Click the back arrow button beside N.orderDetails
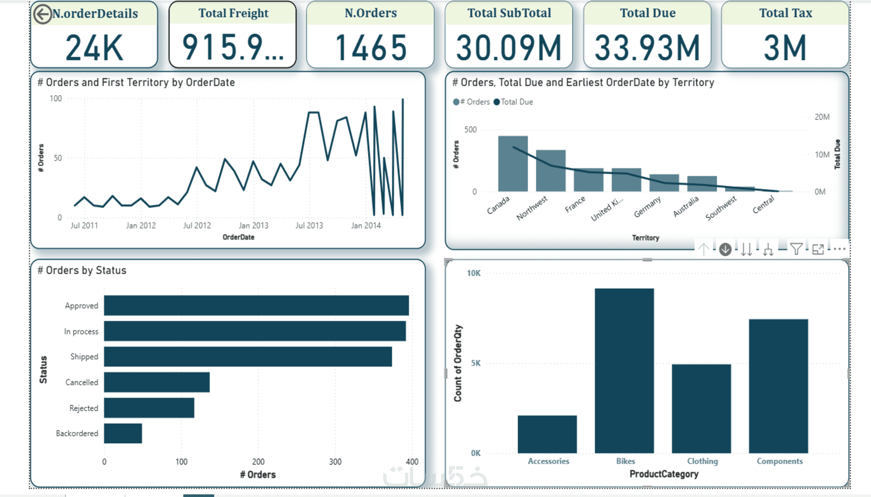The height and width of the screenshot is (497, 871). point(43,14)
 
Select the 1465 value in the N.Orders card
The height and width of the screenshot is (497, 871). point(370,48)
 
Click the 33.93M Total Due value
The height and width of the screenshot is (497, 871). point(647,48)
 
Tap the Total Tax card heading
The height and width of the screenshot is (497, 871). point(785,13)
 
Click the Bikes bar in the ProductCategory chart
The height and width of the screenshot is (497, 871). point(624,370)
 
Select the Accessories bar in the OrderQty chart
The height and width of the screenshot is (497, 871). point(547,434)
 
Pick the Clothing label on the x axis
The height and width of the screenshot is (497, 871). point(702,461)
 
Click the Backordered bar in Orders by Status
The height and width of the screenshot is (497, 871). point(123,433)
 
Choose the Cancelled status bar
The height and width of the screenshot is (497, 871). point(157,382)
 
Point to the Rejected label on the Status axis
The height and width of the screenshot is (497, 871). point(84,408)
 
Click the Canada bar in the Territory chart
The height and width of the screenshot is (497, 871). point(513,164)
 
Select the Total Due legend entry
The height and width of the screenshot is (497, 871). point(513,102)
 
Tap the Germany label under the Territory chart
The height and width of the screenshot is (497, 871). point(647,207)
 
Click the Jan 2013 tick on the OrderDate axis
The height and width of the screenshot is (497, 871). point(253,225)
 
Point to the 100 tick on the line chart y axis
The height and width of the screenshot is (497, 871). point(56,98)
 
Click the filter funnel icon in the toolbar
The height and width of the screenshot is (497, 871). point(796,249)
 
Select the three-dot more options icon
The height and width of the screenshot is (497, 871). point(839,249)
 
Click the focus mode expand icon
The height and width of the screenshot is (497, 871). point(818,249)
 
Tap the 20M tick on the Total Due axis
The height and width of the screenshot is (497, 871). point(822,117)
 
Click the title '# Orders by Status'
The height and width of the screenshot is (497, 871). point(82,271)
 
